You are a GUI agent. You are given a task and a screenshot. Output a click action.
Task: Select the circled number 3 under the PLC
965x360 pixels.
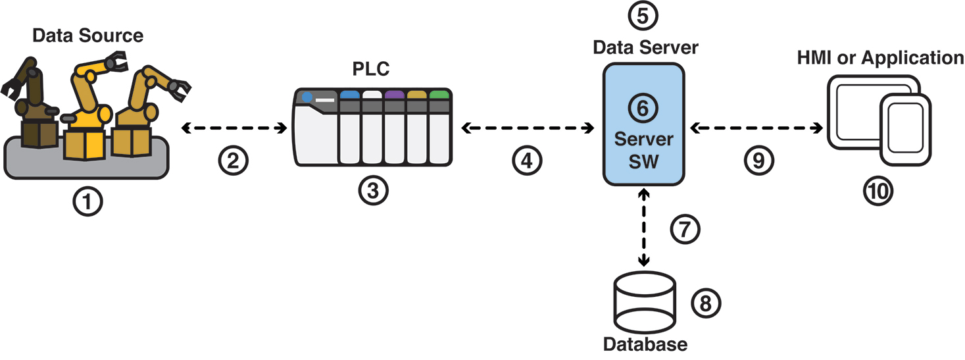pos(373,191)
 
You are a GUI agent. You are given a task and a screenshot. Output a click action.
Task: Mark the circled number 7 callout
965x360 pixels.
pos(685,229)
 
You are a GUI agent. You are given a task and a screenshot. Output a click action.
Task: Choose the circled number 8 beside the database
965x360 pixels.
pos(707,303)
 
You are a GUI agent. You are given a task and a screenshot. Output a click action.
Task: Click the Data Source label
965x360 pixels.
pos(87,35)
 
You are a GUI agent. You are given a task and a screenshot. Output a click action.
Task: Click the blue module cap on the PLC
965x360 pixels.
pos(349,94)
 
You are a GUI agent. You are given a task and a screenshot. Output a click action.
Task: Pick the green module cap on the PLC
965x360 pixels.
pos(439,94)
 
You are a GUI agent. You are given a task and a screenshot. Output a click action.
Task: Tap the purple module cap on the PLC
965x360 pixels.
pos(394,94)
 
